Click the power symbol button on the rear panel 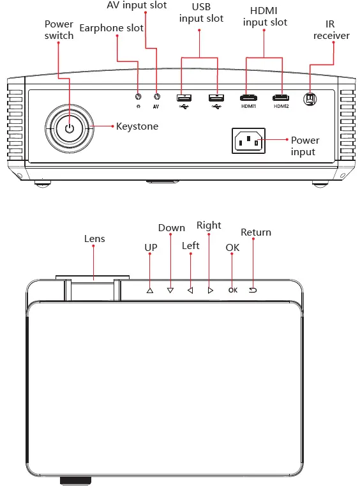click(x=70, y=128)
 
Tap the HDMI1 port click(x=248, y=98)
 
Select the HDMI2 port click(x=281, y=98)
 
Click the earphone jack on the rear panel click(x=139, y=97)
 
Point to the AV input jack click(x=156, y=97)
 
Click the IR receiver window click(x=310, y=98)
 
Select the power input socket click(x=248, y=140)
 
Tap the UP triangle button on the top click(x=150, y=290)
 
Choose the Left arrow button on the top click(x=190, y=290)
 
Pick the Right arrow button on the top click(x=210, y=290)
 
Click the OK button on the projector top click(x=232, y=290)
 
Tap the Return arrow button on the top click(x=252, y=289)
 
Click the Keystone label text click(x=137, y=126)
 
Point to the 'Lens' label click(x=94, y=239)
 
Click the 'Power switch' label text click(x=59, y=30)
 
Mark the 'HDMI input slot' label click(x=265, y=17)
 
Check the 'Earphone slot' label click(x=112, y=28)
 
